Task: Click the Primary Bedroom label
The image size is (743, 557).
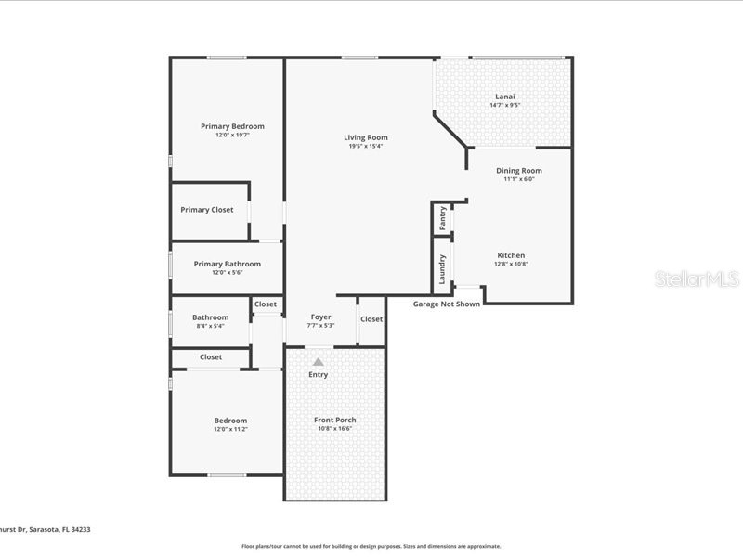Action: tap(232, 126)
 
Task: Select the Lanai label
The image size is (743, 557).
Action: tap(504, 96)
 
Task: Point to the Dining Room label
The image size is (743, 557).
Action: tap(518, 170)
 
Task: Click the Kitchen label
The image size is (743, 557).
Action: tap(511, 255)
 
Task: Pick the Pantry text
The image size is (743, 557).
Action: tap(443, 218)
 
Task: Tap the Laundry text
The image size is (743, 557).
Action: tap(443, 268)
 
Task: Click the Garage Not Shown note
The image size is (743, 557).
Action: tap(447, 304)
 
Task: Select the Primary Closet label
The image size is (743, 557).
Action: tap(207, 210)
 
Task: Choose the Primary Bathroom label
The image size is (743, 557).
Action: tap(228, 264)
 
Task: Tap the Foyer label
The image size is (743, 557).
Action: tap(320, 317)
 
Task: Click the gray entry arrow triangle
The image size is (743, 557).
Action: tap(318, 362)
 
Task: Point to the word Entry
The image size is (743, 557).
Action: tap(318, 375)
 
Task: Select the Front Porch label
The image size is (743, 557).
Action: tap(334, 420)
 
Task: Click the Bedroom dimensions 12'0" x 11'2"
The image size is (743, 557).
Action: tap(230, 429)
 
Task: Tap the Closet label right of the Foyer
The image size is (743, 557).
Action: tap(371, 319)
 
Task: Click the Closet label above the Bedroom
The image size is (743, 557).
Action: tap(211, 357)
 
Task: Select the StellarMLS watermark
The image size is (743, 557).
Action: tap(697, 278)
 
